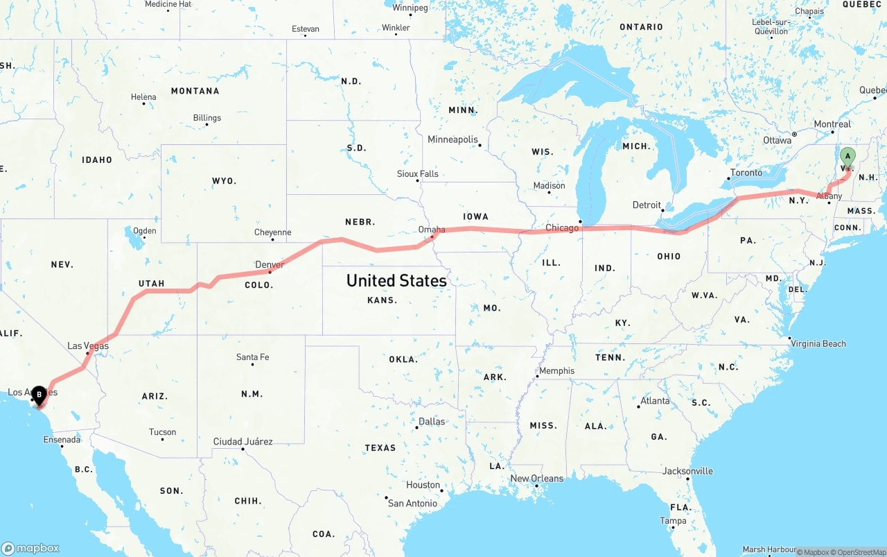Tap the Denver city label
coord(270,264)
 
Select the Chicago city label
coord(561,228)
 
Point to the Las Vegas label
coord(88,345)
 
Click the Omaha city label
coord(432,229)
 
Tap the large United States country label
coord(396,280)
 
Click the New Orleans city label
coord(536,479)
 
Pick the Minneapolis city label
coord(453,139)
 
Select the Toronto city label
coord(746,173)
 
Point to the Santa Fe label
coord(252,357)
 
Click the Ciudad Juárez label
coord(243,441)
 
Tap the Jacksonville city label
coord(687,471)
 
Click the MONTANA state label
coord(195,91)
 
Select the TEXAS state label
coord(380,447)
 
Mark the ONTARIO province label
coord(641,27)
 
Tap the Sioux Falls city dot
coord(418,181)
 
